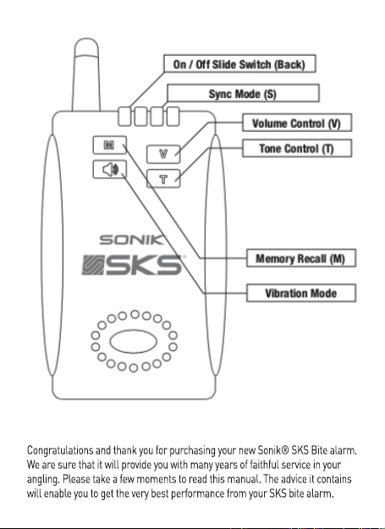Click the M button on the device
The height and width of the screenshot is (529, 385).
(109, 145)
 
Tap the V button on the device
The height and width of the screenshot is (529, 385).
(163, 154)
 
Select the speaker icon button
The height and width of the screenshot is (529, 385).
(109, 169)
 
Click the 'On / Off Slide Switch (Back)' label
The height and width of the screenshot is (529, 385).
(239, 63)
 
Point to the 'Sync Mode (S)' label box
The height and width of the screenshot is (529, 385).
(243, 93)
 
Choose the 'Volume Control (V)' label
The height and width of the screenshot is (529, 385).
(297, 123)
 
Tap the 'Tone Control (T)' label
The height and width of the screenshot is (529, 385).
(297, 148)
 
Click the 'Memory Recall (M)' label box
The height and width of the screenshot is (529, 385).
(301, 258)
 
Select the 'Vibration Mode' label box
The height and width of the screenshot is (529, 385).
(301, 293)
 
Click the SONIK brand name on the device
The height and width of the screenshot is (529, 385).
(133, 240)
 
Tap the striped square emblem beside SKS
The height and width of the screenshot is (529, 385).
(92, 265)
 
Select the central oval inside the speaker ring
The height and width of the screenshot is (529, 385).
(133, 341)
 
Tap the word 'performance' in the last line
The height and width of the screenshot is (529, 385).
(197, 493)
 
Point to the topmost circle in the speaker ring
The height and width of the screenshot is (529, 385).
(135, 314)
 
